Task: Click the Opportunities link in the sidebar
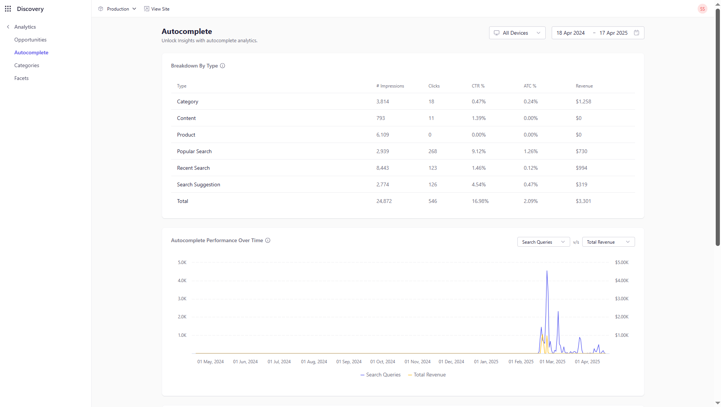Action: pos(30,40)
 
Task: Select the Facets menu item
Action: pos(21,78)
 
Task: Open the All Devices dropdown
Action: pos(517,33)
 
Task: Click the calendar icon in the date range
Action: pos(637,33)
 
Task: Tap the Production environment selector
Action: pos(117,9)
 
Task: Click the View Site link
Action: pos(157,9)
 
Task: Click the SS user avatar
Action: pos(702,9)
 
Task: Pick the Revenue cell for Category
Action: pos(583,101)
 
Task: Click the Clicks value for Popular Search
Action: pos(433,151)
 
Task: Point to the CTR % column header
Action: pos(478,86)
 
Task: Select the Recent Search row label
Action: pos(193,168)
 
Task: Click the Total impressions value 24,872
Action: pos(384,201)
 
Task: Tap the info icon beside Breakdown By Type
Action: pos(222,66)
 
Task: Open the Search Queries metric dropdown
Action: pos(543,242)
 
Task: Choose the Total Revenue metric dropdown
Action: pos(608,242)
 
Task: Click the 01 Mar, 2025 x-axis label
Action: pos(552,361)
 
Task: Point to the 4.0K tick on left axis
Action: pos(182,280)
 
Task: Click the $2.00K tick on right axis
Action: pos(622,316)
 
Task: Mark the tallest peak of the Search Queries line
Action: pos(547,271)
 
